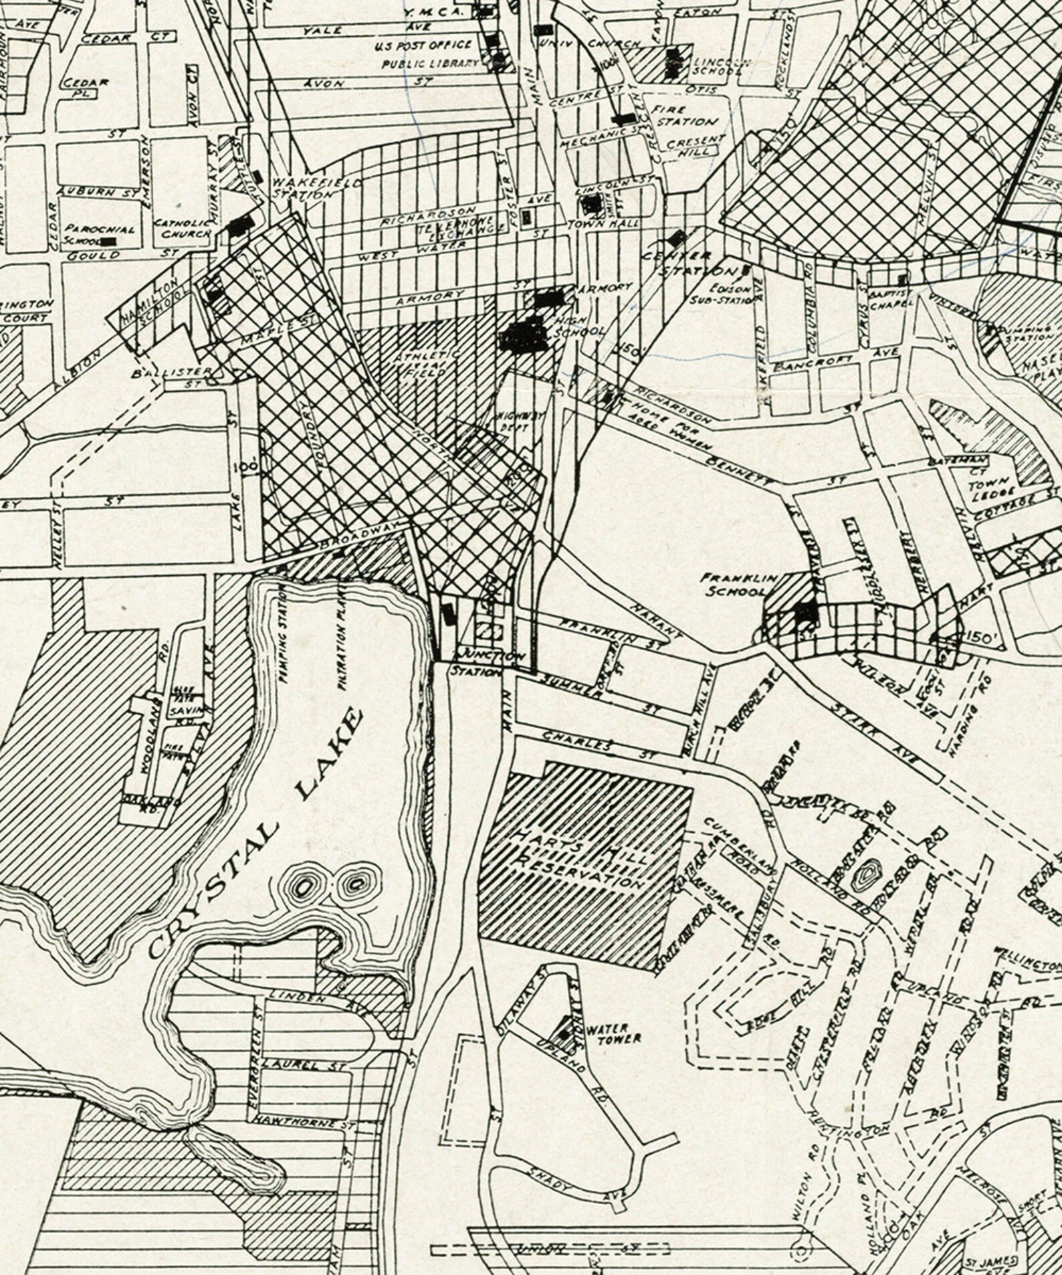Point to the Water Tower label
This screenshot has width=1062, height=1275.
click(613, 1033)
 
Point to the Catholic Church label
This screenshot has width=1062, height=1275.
click(183, 228)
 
